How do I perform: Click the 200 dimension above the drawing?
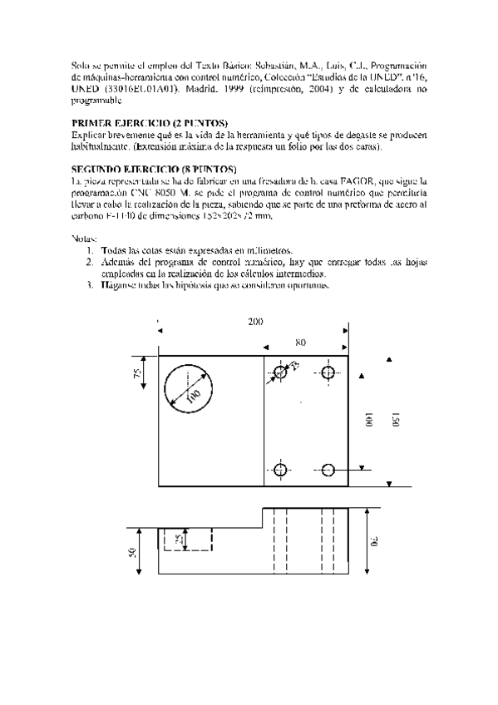tap(254, 321)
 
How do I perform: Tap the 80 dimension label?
tap(299, 342)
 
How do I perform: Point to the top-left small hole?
tap(280, 372)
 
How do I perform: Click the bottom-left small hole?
tap(280, 471)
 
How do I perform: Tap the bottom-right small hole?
tap(328, 471)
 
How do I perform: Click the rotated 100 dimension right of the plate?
tap(368, 421)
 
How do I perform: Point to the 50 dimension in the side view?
tap(132, 553)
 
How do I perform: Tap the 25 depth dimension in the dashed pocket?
tap(177, 540)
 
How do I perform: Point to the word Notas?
tap(84, 239)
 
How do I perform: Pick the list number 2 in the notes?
tap(90, 262)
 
